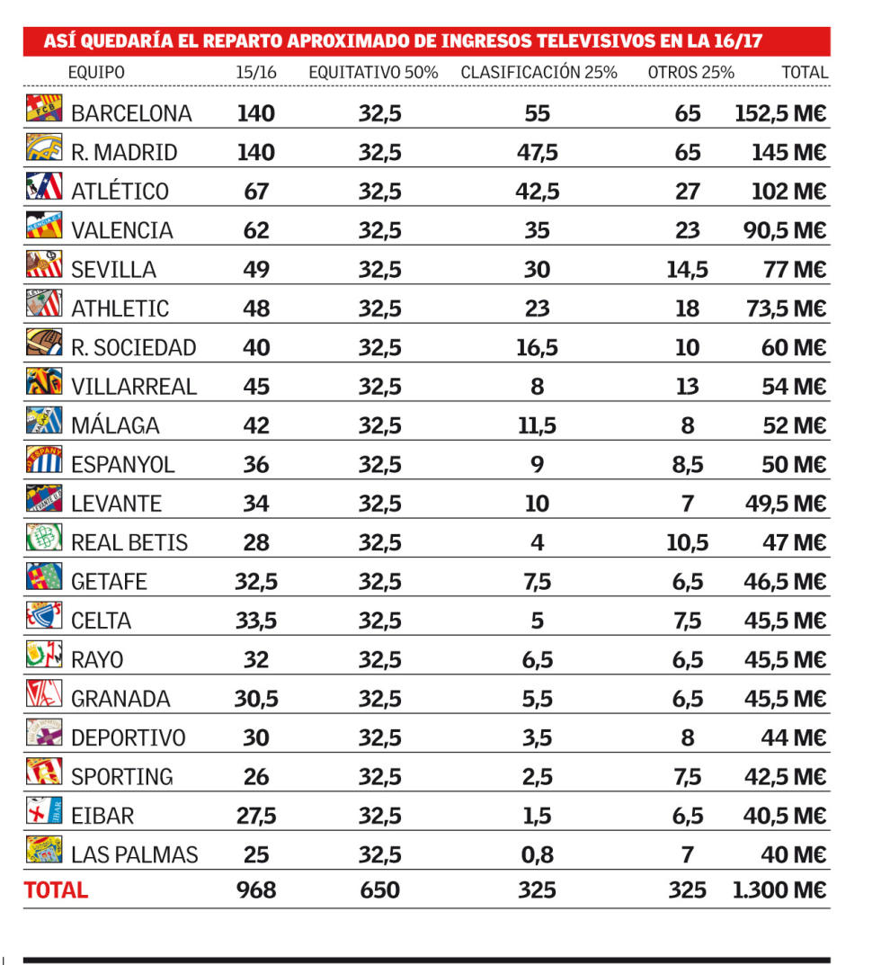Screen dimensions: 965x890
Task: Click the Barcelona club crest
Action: (44, 109)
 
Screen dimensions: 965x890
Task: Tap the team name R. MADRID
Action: (124, 152)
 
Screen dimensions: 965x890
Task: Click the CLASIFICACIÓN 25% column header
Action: (538, 72)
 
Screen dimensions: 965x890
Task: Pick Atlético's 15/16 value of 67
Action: (256, 191)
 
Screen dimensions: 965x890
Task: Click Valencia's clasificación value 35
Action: (538, 230)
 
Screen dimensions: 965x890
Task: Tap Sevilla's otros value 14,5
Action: (687, 269)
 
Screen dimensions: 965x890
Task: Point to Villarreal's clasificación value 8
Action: (538, 386)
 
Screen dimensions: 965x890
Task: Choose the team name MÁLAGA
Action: (115, 425)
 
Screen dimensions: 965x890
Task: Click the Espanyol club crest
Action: (44, 460)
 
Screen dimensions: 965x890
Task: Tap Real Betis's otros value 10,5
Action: (687, 542)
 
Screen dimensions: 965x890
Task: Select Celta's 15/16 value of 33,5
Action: (256, 621)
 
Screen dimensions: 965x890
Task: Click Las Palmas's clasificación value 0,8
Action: (538, 854)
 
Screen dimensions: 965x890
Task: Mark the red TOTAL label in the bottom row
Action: (56, 890)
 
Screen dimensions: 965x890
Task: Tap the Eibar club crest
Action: (44, 811)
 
